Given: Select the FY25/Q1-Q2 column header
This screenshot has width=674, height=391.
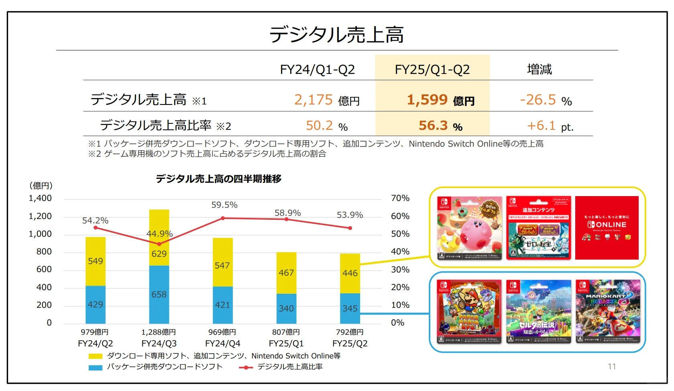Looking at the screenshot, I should coord(432,70).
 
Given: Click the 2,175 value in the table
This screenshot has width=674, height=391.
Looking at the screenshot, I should coord(314,100).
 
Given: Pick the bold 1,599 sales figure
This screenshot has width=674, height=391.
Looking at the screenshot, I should coord(427,100).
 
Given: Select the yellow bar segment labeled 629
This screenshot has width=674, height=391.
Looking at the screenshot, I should coord(159,254).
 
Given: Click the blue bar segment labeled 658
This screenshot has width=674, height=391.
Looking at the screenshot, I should coord(159,295).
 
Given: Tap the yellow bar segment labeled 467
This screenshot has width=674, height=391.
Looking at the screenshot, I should coord(286,273).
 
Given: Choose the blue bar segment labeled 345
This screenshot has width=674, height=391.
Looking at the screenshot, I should coord(350,309).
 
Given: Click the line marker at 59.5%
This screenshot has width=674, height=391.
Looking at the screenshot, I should coord(223,218).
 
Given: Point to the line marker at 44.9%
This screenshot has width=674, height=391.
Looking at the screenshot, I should coord(159,244).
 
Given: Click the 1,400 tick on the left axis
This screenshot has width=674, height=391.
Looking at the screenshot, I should coord(40,198).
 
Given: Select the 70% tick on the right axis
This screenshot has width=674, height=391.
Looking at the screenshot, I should coord(400,198).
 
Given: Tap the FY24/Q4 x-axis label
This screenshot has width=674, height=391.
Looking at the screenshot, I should coord(222,344).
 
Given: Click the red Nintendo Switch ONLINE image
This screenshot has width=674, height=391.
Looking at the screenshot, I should coord(607,228).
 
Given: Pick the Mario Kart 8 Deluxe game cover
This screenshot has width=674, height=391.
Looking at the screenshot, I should coord(608,311).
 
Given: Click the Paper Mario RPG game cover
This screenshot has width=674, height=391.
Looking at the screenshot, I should coord(469,311).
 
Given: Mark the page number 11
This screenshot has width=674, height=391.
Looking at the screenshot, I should coord(612,366).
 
